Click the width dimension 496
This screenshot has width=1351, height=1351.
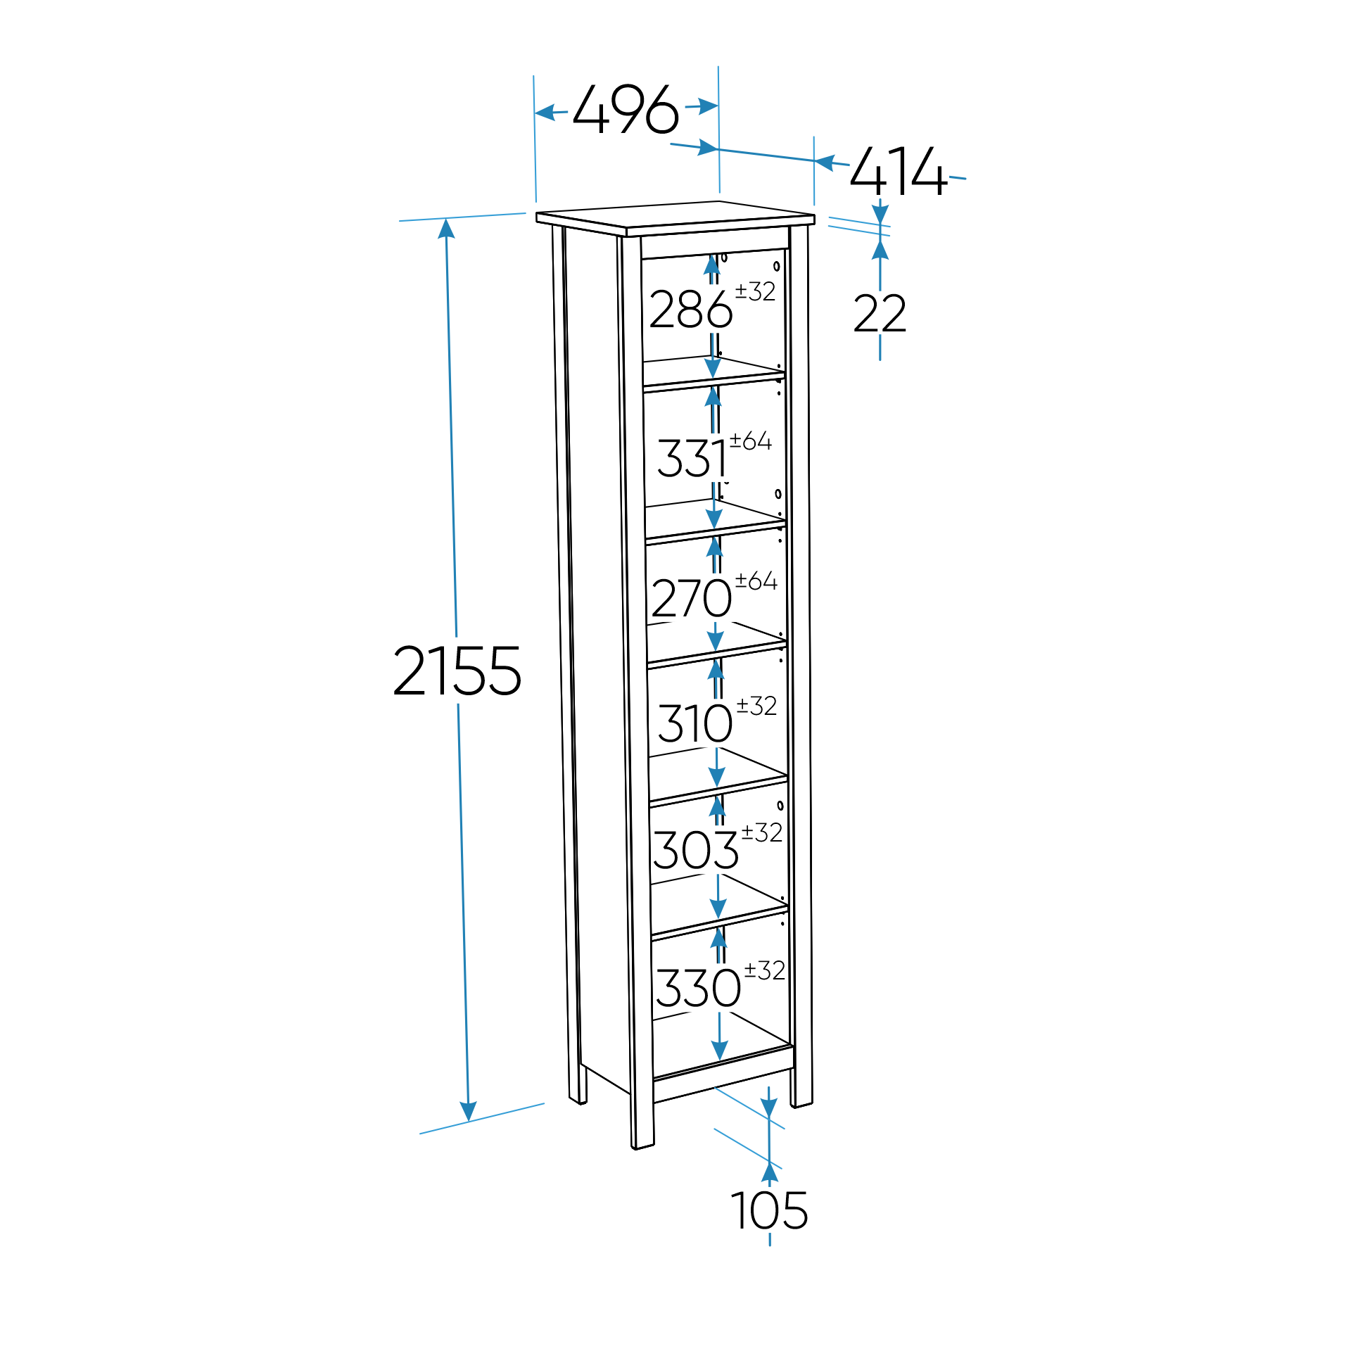click(626, 110)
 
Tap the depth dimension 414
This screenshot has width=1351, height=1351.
click(899, 171)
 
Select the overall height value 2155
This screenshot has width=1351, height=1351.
click(457, 671)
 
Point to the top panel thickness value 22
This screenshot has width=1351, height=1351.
click(880, 314)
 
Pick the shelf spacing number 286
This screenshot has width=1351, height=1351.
click(690, 310)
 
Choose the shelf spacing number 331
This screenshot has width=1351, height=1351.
click(693, 459)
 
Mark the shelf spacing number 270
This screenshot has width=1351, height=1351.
click(691, 599)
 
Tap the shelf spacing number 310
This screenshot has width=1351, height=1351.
click(695, 723)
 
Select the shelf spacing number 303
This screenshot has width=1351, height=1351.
click(695, 850)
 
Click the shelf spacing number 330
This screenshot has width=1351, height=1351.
click(698, 988)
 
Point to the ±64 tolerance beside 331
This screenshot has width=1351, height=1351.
click(751, 441)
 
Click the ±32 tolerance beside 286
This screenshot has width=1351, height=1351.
click(755, 291)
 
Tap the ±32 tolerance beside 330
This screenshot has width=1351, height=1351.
click(764, 970)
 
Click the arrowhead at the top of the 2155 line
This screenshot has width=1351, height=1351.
click(446, 229)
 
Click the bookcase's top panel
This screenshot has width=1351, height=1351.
click(675, 217)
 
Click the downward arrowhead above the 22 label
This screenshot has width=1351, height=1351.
click(880, 214)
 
